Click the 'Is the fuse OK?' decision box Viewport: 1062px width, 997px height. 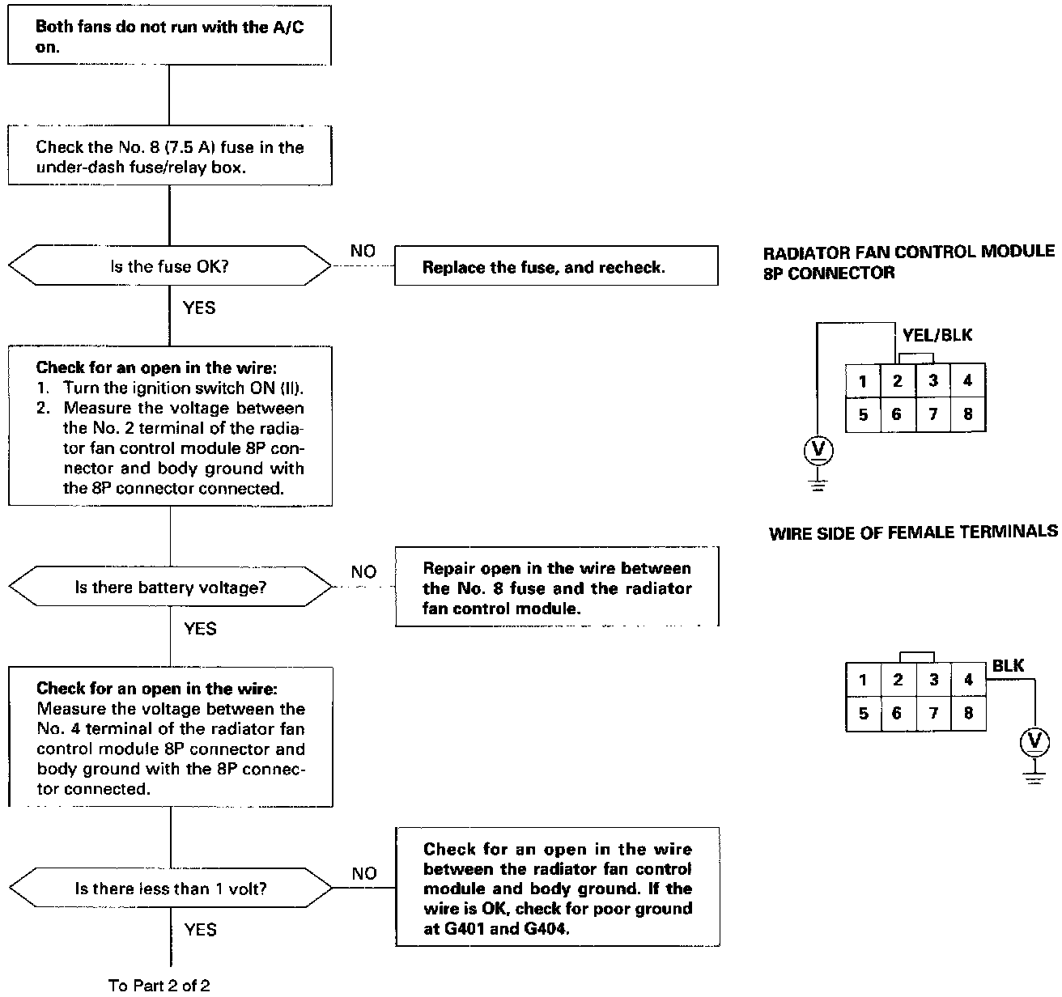pyautogui.click(x=169, y=266)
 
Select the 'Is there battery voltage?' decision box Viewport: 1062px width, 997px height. pyautogui.click(x=170, y=588)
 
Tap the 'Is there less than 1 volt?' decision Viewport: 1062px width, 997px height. pyautogui.click(x=170, y=889)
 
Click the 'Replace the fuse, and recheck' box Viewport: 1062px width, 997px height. pyautogui.click(x=556, y=267)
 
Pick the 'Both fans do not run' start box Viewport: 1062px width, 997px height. pyautogui.click(x=169, y=37)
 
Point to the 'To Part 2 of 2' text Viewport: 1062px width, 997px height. pyautogui.click(x=159, y=984)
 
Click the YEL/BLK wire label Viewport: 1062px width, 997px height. pyautogui.click(x=937, y=335)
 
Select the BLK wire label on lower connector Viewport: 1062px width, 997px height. pyautogui.click(x=1008, y=666)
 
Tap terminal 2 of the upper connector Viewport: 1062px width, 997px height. pyautogui.click(x=898, y=380)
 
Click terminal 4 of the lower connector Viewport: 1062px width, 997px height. pyautogui.click(x=968, y=680)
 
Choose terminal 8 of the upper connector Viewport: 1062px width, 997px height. pyautogui.click(x=968, y=414)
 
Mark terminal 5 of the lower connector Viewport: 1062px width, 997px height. pyautogui.click(x=864, y=714)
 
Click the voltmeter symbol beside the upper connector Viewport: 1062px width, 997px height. pyautogui.click(x=818, y=450)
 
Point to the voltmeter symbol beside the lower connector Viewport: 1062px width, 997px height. pyautogui.click(x=1034, y=741)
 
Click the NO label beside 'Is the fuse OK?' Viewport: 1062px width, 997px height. pyautogui.click(x=363, y=252)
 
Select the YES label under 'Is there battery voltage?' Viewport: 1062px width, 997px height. pyautogui.click(x=200, y=629)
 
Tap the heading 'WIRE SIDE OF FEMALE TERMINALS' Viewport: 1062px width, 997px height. pyautogui.click(x=913, y=532)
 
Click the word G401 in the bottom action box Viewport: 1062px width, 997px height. pyautogui.click(x=466, y=928)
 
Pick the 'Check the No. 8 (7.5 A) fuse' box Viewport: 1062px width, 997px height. pyautogui.click(x=170, y=156)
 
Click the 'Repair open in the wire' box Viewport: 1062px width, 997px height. pyautogui.click(x=557, y=588)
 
